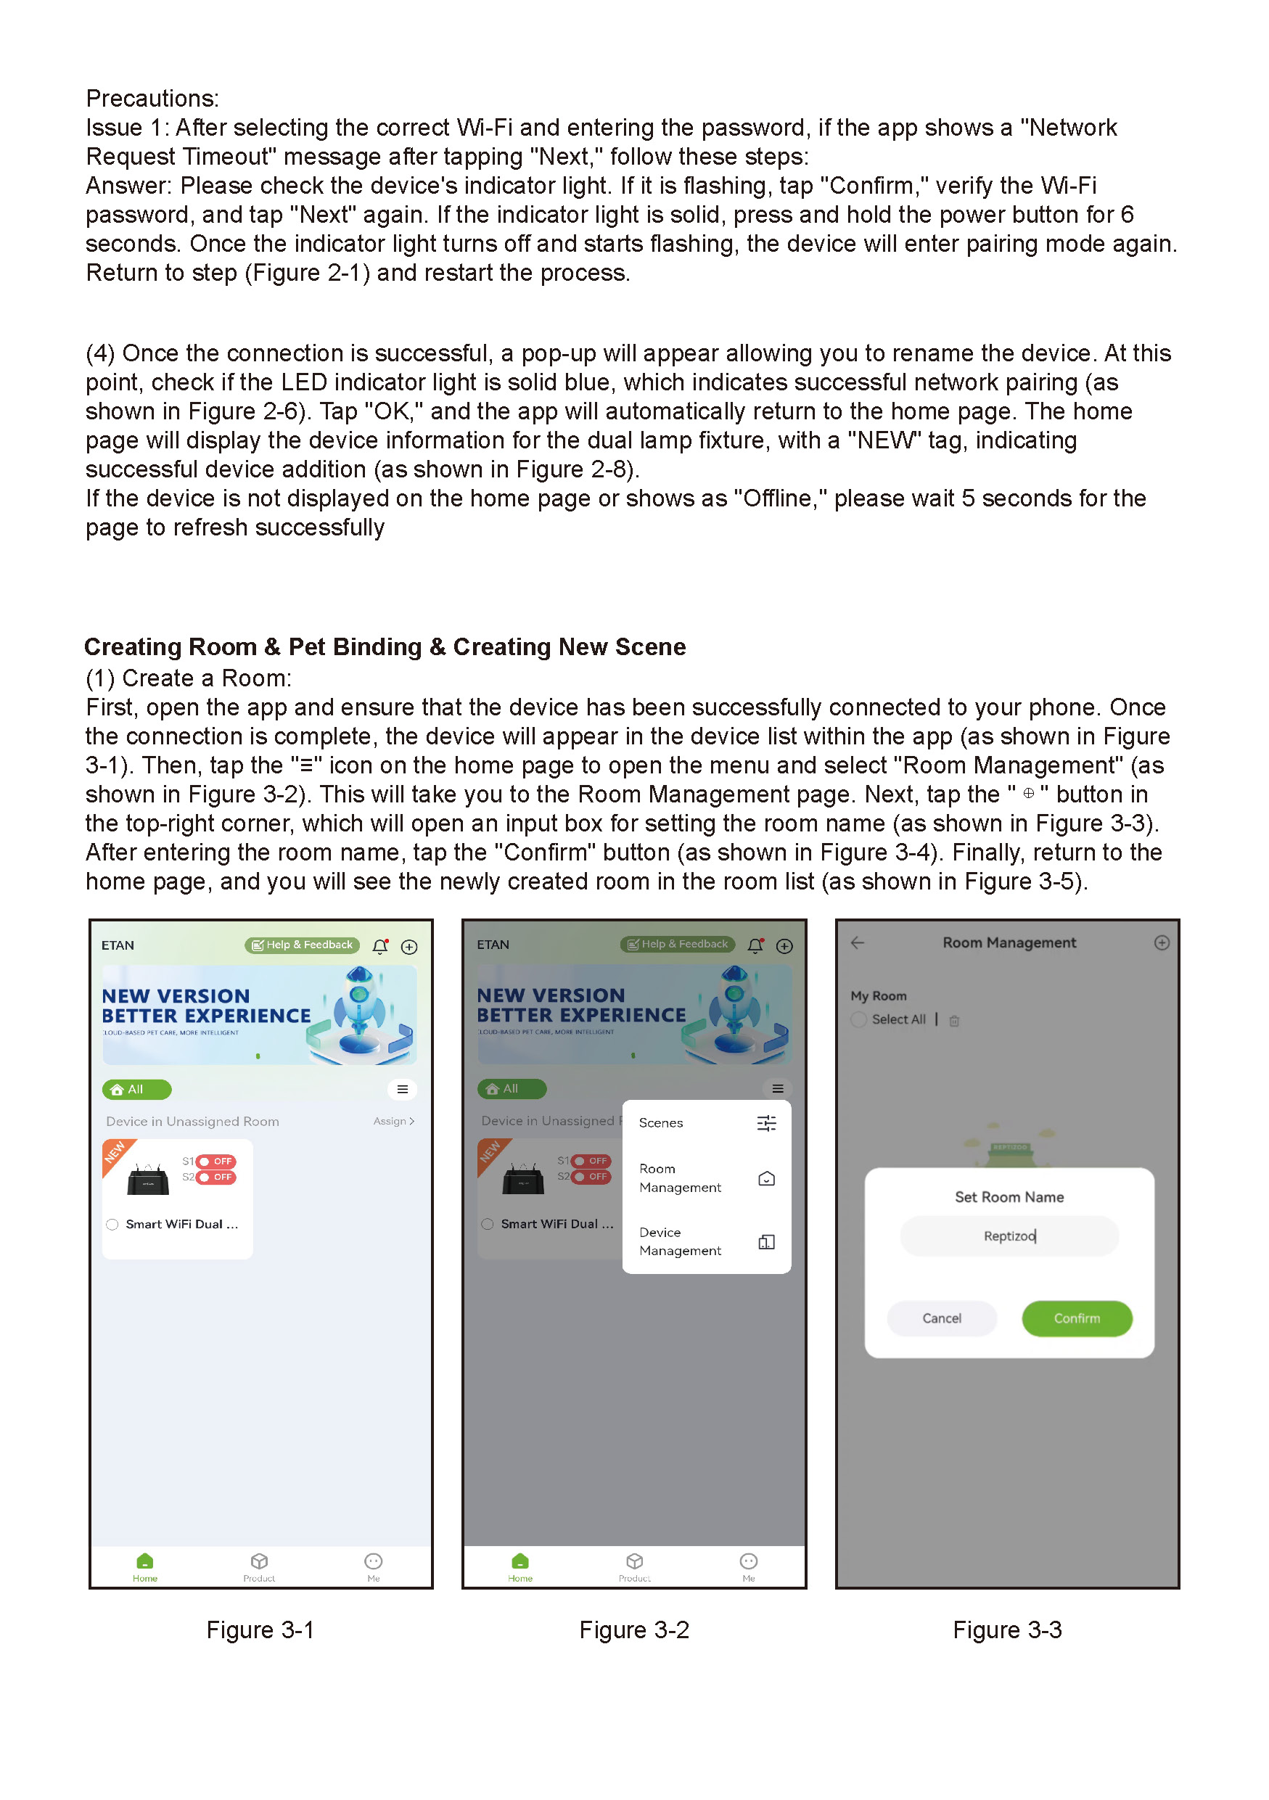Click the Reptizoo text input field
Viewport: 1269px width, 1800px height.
point(1009,1236)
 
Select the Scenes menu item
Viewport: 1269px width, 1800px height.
point(705,1123)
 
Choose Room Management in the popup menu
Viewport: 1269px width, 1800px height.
point(705,1178)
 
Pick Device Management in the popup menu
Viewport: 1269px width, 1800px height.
point(705,1242)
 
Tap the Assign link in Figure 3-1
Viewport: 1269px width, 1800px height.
point(393,1122)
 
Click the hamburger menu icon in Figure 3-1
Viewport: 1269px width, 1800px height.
point(402,1090)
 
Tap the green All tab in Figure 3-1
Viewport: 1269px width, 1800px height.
point(136,1090)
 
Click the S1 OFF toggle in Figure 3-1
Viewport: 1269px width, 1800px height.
point(215,1162)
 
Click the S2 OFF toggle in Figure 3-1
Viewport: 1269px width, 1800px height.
point(215,1178)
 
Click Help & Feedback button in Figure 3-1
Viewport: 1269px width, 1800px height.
point(303,945)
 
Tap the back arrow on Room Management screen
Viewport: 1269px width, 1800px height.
point(858,943)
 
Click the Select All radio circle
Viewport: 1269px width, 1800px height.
point(859,1020)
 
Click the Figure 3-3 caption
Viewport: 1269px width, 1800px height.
point(1007,1631)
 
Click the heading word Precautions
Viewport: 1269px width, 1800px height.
point(152,99)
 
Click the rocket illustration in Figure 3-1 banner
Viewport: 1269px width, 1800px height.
point(361,1013)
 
